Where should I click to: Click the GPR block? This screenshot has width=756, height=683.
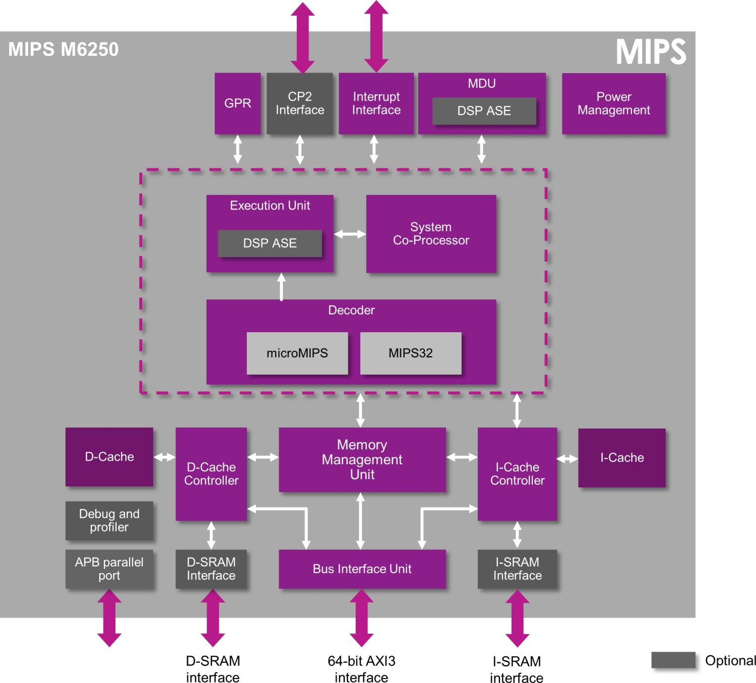[237, 103]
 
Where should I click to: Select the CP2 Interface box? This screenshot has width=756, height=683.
[300, 103]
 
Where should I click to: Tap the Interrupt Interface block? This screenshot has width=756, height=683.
[376, 103]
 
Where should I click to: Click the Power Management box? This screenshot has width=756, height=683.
[613, 103]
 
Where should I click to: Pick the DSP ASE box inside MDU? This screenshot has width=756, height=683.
[484, 111]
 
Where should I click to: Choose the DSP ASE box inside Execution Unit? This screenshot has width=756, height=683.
[270, 243]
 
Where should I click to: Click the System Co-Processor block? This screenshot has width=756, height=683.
[431, 234]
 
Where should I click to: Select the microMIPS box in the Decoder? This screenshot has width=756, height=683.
[297, 353]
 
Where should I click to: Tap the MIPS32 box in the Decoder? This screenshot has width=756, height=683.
[411, 353]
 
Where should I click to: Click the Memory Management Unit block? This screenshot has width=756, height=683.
[362, 459]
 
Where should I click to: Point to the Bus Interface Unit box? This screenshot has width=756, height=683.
[362, 569]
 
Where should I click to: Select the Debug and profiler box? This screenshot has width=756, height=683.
[109, 521]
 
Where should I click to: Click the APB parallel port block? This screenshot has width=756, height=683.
[109, 569]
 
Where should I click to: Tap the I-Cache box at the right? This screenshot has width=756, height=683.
[622, 458]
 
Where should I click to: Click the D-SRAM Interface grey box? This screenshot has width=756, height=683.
[211, 569]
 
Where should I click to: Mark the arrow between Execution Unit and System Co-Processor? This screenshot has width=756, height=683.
[350, 234]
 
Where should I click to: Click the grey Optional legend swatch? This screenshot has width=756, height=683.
[673, 660]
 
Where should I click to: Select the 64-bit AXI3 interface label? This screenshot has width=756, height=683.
[361, 669]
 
